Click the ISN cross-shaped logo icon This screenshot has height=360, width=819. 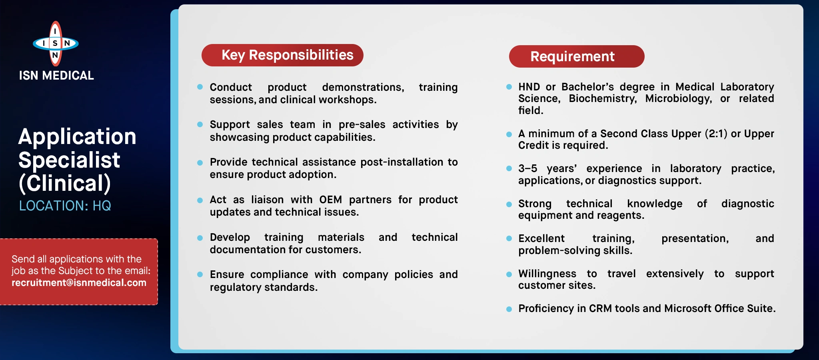click(56, 43)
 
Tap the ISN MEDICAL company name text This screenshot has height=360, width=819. click(56, 76)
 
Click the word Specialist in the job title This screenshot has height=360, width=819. click(69, 160)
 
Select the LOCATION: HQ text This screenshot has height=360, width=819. click(65, 206)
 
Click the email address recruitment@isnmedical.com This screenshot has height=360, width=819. click(79, 283)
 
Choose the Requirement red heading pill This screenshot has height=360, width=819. click(577, 56)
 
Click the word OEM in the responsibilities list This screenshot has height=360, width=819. click(330, 200)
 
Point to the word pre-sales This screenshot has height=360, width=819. click(362, 125)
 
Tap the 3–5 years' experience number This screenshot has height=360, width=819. click(527, 168)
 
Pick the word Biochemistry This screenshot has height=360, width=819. click(603, 99)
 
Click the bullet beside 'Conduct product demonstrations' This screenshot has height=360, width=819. click(200, 87)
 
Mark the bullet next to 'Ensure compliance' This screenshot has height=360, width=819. click(200, 274)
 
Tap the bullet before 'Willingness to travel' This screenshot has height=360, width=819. click(509, 274)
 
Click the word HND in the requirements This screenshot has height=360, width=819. click(529, 87)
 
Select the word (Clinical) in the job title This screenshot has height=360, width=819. click(65, 183)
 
